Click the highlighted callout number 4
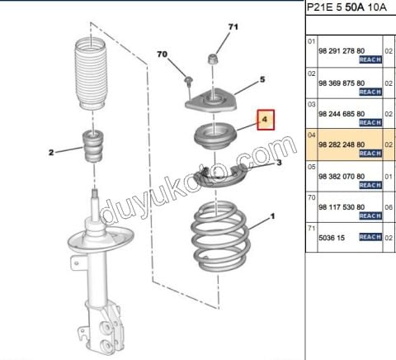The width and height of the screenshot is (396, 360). [x=265, y=120]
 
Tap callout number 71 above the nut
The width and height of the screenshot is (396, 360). [x=233, y=27]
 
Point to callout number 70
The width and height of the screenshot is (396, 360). [x=162, y=54]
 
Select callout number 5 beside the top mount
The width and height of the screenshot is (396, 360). [x=262, y=79]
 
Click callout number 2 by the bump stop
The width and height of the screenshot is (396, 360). [x=51, y=152]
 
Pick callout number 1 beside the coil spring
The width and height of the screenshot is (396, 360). [x=272, y=216]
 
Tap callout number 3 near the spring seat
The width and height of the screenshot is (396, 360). [x=279, y=163]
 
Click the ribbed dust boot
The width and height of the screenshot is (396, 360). [x=91, y=73]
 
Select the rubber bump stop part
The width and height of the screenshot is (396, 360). [x=93, y=147]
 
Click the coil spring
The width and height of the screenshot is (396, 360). [x=220, y=236]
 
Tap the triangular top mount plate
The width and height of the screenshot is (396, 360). [x=210, y=102]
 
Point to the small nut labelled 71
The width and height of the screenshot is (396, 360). [x=213, y=59]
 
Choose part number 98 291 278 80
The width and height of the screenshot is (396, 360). [x=342, y=51]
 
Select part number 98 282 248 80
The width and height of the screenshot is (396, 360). [x=342, y=144]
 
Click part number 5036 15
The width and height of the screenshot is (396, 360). [x=332, y=238]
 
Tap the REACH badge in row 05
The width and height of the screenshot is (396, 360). [x=370, y=185]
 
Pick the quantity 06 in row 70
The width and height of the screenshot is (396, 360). [x=389, y=207]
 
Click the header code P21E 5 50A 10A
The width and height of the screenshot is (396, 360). [x=346, y=7]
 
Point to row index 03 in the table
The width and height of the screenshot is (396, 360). [x=311, y=104]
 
